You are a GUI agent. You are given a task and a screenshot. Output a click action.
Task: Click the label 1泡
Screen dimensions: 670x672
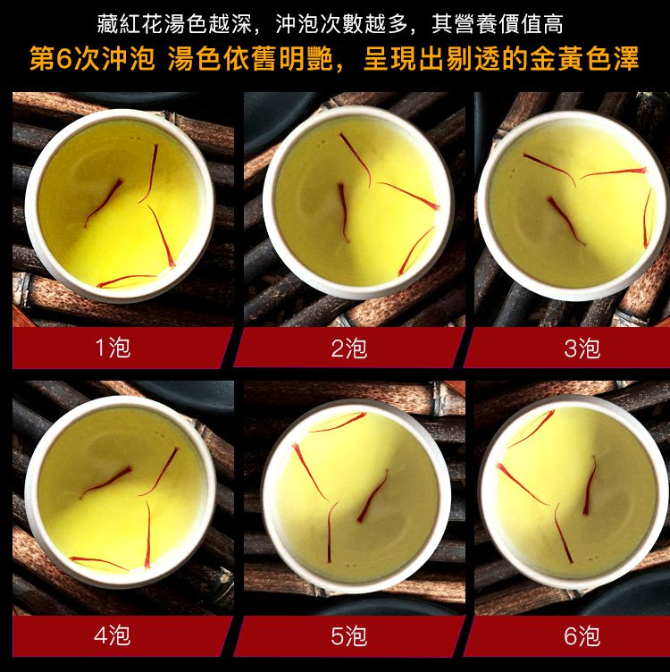[113, 347]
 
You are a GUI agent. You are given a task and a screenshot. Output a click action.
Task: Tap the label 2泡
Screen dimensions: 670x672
[348, 348]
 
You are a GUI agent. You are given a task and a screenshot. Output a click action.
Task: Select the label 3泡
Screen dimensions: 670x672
[582, 348]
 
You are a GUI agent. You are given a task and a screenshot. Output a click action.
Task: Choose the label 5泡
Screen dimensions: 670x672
[348, 635]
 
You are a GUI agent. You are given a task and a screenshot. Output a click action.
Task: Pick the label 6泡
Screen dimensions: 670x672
[582, 635]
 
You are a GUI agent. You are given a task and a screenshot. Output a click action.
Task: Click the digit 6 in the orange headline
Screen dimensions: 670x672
[64, 59]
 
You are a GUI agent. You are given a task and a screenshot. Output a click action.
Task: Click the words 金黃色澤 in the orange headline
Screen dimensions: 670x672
[584, 59]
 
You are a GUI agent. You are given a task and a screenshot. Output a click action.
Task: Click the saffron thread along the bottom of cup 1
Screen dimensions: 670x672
[127, 281]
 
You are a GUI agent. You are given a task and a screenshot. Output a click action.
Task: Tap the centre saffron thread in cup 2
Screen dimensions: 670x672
[344, 213]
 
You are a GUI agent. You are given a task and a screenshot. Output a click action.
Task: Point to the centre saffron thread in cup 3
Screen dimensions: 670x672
[565, 221]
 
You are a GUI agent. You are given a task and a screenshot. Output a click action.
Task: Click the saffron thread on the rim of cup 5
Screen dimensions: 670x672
[338, 422]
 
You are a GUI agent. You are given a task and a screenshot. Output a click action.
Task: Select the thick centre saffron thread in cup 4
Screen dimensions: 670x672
[105, 483]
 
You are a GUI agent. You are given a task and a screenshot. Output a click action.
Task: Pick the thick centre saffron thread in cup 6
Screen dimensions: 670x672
[590, 484]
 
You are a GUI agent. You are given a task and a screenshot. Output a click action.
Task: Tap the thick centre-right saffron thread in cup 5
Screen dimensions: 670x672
[373, 496]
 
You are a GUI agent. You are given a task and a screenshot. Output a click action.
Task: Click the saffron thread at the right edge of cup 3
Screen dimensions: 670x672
[647, 218]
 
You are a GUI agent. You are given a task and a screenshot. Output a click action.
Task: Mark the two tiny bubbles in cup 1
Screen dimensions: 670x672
[135, 139]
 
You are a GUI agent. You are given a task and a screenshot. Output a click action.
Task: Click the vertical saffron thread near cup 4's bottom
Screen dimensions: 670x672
[148, 534]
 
